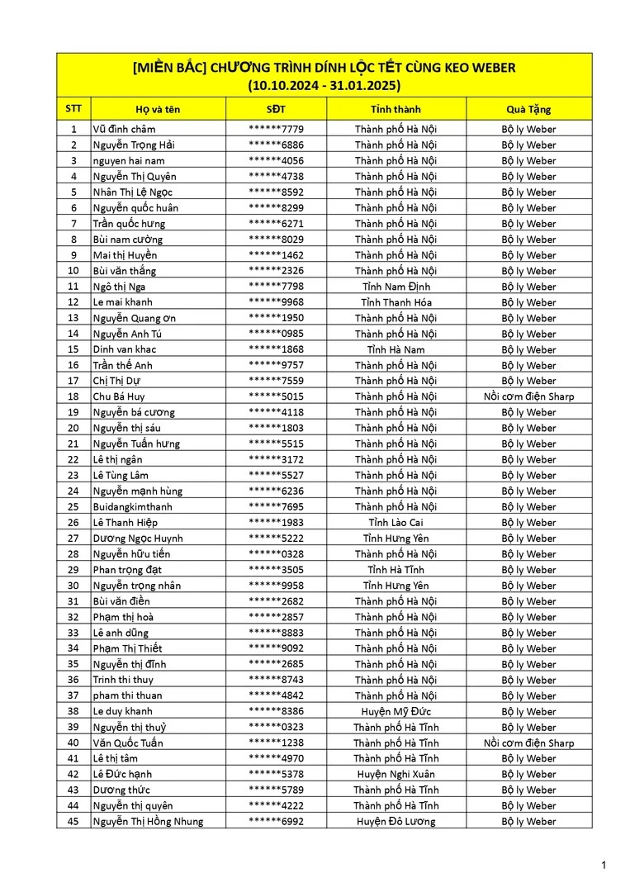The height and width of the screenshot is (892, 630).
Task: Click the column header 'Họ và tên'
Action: point(158,109)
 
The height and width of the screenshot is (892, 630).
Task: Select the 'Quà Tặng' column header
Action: point(528,109)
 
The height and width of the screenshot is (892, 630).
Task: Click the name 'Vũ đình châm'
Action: point(124,129)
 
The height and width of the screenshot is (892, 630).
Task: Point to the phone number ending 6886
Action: point(276,145)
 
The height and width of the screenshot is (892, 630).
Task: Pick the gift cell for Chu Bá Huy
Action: point(528,396)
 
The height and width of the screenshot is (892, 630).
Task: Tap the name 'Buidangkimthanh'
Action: point(133,506)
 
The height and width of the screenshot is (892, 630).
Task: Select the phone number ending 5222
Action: point(276,538)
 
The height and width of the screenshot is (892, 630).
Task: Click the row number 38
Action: point(73,711)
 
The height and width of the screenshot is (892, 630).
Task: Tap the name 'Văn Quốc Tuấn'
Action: point(128,743)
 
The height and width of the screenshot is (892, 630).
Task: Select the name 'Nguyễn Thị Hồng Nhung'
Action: point(148,821)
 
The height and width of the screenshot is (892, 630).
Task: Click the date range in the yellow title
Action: point(324,84)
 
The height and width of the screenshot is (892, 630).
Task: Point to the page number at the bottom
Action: point(604,865)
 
